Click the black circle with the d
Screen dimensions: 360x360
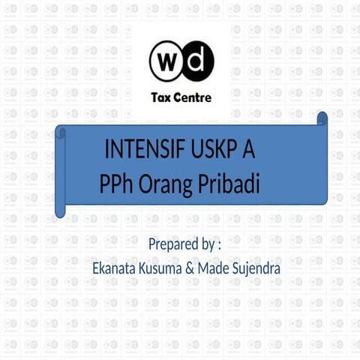click(x=196, y=61)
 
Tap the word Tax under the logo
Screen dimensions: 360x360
click(x=163, y=97)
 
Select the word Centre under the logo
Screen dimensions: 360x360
click(x=193, y=97)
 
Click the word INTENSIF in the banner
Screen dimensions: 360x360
click(x=143, y=149)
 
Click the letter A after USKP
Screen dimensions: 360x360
click(x=248, y=149)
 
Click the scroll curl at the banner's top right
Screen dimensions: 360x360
click(x=322, y=119)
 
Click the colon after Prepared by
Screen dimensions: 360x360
click(x=219, y=245)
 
